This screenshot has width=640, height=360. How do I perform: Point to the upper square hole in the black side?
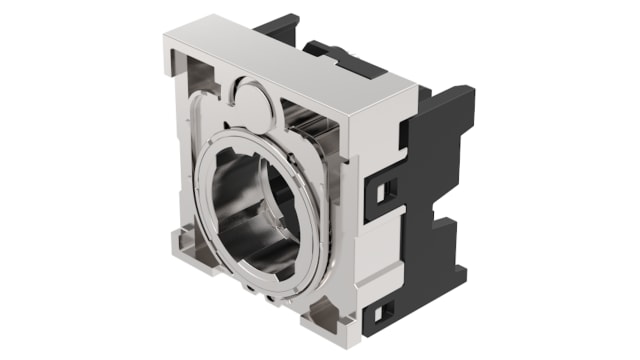(388, 187)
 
